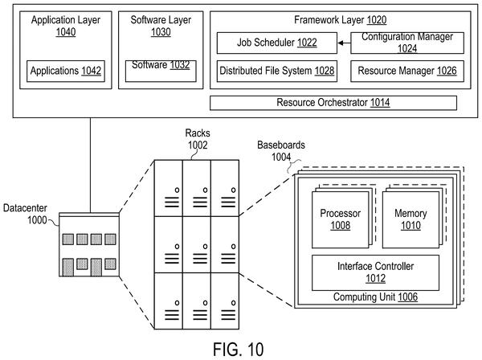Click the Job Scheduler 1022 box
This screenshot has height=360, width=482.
tap(276, 43)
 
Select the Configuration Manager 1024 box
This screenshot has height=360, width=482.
tap(407, 43)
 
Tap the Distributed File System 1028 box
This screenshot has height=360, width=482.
tap(276, 71)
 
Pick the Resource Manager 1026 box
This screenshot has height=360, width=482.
tap(407, 71)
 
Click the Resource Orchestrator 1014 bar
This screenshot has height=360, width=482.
tap(333, 103)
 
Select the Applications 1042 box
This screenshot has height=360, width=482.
tap(66, 71)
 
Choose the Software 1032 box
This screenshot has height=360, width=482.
tap(161, 71)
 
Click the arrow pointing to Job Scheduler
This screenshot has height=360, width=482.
tap(344, 43)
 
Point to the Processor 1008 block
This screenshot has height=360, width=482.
tap(341, 220)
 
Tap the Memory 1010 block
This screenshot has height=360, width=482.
tap(411, 220)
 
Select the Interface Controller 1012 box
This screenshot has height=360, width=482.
tap(375, 272)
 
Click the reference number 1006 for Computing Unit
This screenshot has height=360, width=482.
tap(407, 297)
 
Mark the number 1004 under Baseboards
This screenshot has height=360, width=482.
tap(281, 157)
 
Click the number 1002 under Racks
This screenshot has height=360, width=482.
tap(198, 145)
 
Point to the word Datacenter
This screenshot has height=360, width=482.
tap(25, 208)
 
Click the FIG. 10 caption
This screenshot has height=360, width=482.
tap(239, 350)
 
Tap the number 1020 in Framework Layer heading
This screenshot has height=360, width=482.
tap(377, 20)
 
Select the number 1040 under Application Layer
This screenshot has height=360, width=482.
tap(66, 32)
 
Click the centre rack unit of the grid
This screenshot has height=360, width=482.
tap(197, 244)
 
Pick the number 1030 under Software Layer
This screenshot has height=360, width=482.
tap(161, 32)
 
